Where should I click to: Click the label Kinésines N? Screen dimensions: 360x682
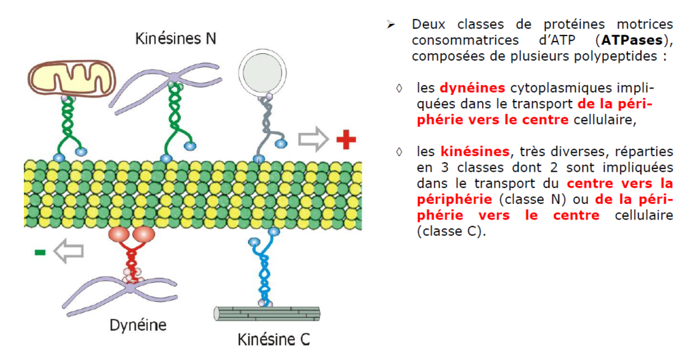click(x=176, y=38)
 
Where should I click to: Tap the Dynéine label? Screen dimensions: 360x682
click(x=138, y=325)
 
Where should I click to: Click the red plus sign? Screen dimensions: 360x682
click(x=346, y=140)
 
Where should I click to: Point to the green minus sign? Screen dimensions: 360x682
click(x=40, y=252)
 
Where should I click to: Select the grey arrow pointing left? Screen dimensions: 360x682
click(x=69, y=252)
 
